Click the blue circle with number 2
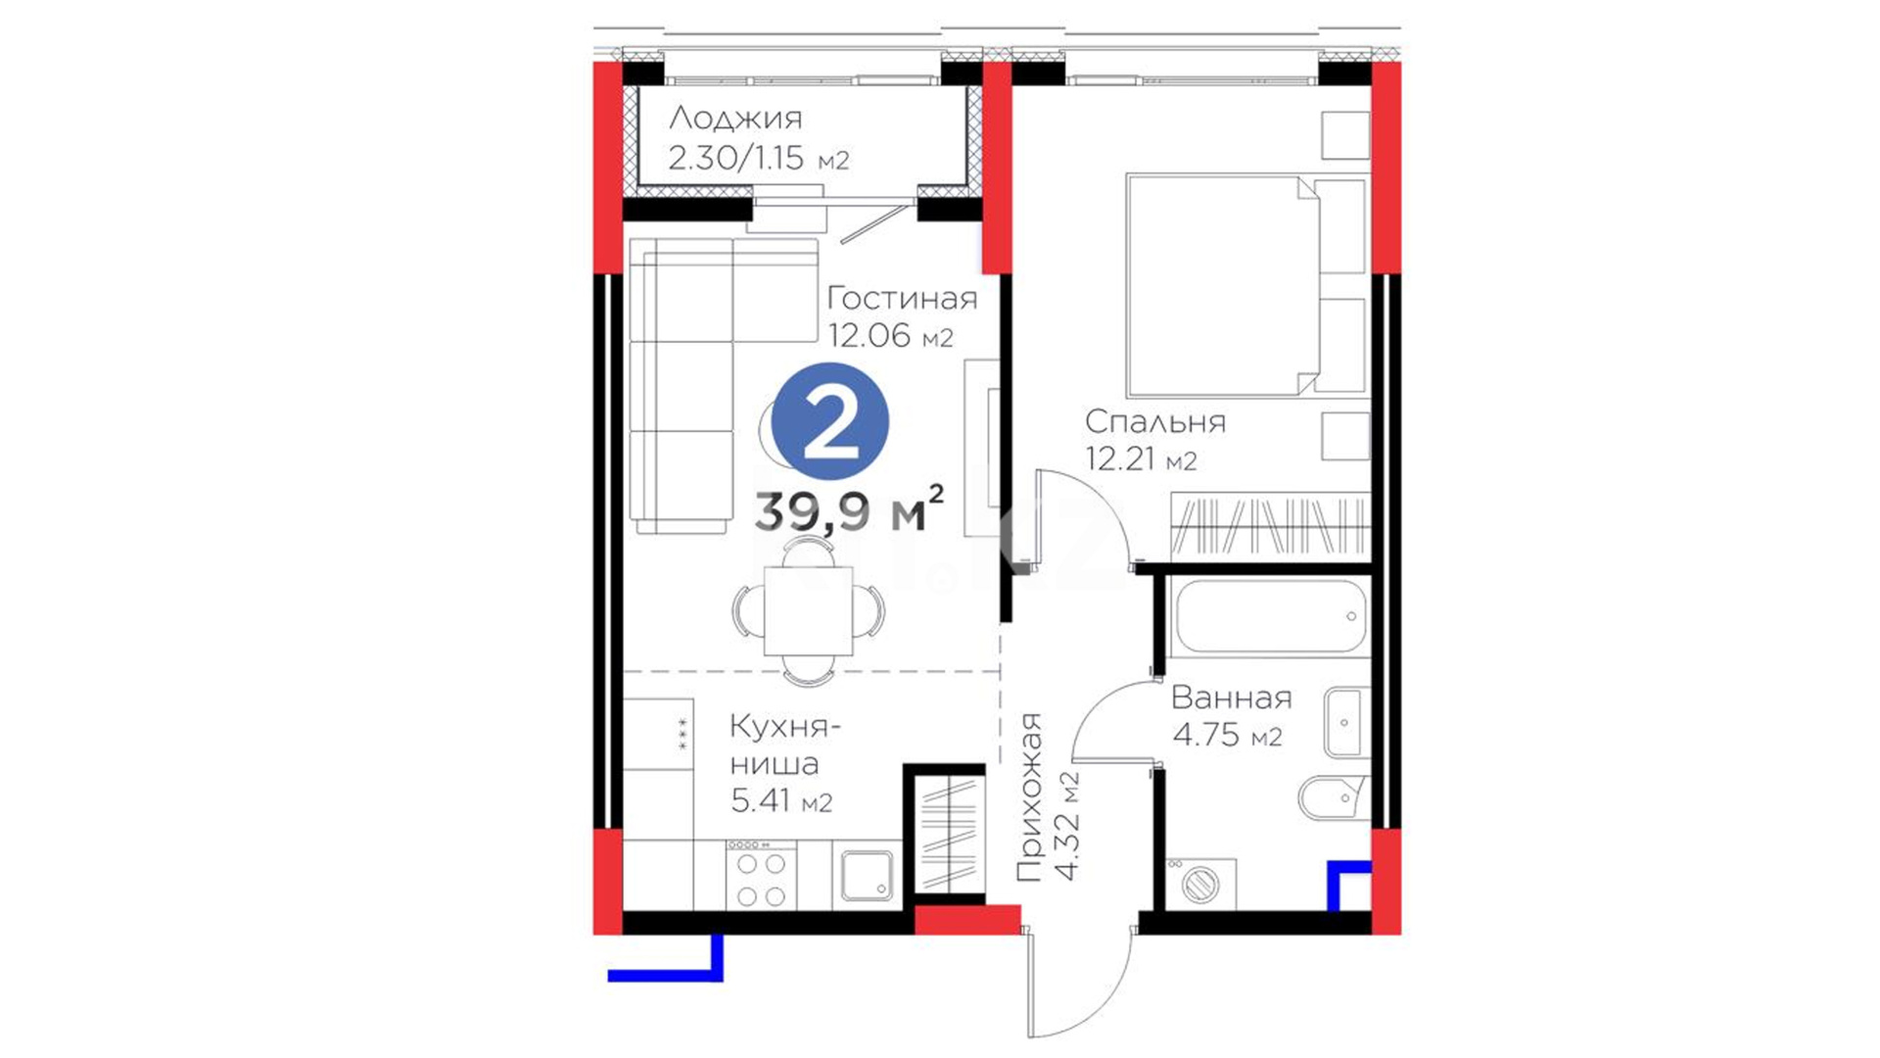tap(830, 421)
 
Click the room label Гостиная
tap(902, 298)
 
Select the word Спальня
tap(1155, 421)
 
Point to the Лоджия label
tap(735, 120)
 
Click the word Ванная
tap(1232, 697)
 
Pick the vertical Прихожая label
tap(1029, 797)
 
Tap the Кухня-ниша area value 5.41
tap(761, 800)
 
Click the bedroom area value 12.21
tap(1121, 457)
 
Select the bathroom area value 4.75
tap(1206, 734)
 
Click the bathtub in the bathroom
tap(1270, 617)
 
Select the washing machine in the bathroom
tap(1200, 885)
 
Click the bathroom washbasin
tap(1347, 723)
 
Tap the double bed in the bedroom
tap(1246, 285)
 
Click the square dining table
tap(808, 611)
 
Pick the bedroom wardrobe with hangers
tap(1270, 526)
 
